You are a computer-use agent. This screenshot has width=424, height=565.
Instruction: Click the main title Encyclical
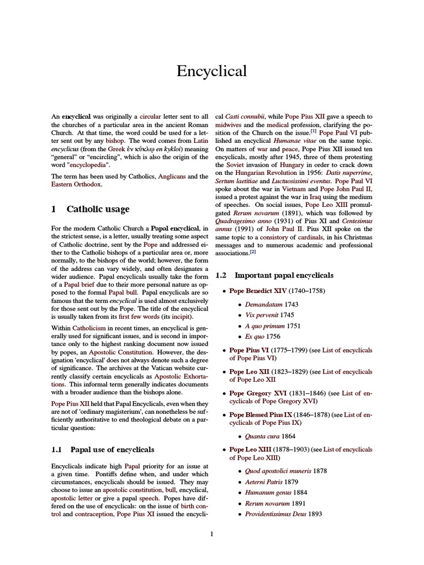click(211, 71)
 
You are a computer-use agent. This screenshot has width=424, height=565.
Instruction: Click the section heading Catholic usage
click(98, 209)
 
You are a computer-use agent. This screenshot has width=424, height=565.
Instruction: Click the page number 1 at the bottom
click(211, 533)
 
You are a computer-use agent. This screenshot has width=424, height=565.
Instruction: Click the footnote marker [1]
click(313, 131)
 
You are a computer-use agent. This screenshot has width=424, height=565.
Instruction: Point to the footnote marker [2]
click(253, 252)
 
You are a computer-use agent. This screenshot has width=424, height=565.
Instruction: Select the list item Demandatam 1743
click(270, 304)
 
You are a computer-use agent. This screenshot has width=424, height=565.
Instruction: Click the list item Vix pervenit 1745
click(269, 315)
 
